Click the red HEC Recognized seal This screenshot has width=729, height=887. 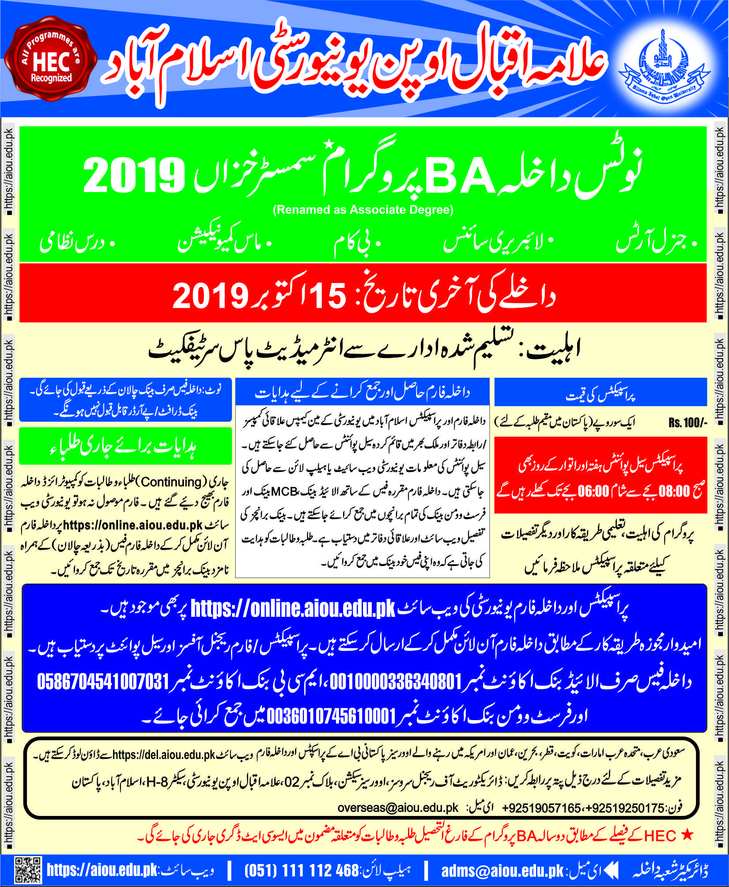(x=51, y=60)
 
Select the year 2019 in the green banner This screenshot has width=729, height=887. (x=134, y=175)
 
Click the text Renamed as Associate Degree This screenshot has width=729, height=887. (x=363, y=210)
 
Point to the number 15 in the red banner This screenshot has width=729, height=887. (x=327, y=295)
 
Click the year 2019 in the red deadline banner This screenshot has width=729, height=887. (x=210, y=296)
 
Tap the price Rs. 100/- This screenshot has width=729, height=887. (x=687, y=423)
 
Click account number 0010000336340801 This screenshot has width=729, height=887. (x=396, y=682)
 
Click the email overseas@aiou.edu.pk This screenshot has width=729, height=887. (x=398, y=808)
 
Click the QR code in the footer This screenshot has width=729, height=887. (x=28, y=870)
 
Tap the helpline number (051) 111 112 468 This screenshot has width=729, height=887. (x=301, y=870)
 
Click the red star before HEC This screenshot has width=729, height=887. (x=687, y=835)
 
